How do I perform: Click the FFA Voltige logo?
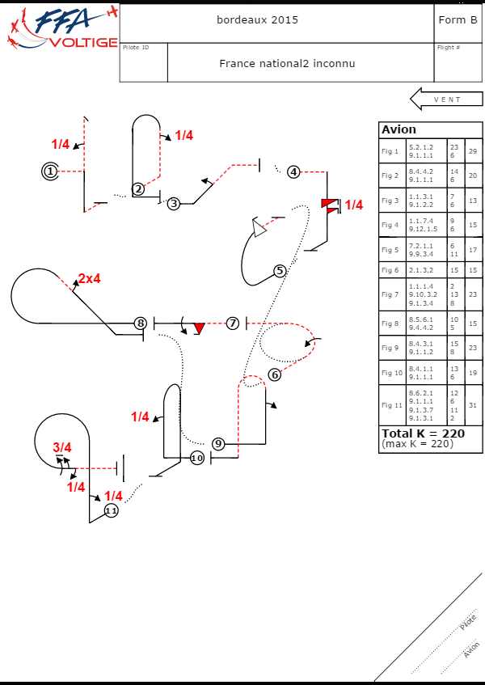pos(61,29)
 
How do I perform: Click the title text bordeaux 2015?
pos(258,19)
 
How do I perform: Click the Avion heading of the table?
pos(399,130)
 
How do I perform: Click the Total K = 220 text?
pos(422,433)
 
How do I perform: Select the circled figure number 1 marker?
pos(51,171)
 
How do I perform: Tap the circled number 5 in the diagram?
pos(280,271)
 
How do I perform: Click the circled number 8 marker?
pos(141,323)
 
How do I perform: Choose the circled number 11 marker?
pos(111,511)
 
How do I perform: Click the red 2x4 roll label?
pos(89,279)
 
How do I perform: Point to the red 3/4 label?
pos(62,447)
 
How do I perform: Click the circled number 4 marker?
pos(293,171)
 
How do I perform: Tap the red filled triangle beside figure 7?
pos(199,328)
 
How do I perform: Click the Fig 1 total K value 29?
pos(472,151)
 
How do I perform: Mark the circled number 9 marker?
pos(217,443)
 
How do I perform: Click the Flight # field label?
pos(449,48)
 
